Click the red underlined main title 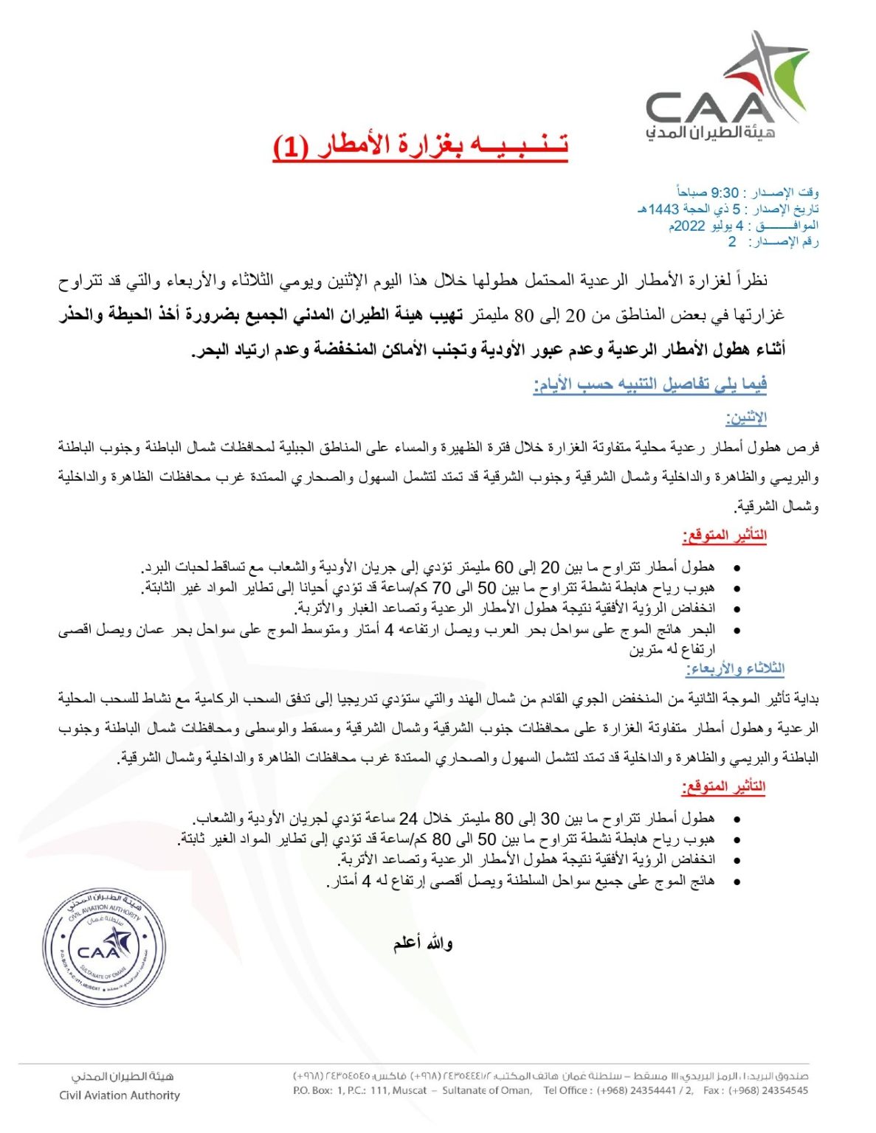point(421,145)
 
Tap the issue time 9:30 point(725,193)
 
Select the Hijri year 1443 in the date point(663,209)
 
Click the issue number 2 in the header point(732,242)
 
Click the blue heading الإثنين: point(746,417)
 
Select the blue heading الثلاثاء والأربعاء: point(735,668)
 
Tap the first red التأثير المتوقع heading point(725,536)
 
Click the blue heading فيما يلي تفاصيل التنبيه point(650,384)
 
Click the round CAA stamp point(104,946)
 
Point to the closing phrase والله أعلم point(423,943)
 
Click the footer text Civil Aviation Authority point(120,1095)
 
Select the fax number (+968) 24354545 point(768,1090)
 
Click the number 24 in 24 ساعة point(408,819)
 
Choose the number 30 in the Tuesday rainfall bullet point(551,819)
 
